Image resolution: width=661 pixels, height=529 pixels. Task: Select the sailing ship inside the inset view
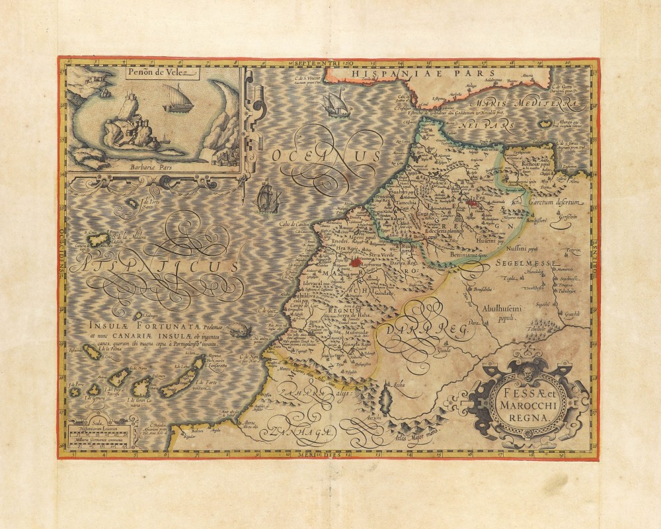[177, 98]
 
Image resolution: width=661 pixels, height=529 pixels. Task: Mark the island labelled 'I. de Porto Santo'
[134, 202]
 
